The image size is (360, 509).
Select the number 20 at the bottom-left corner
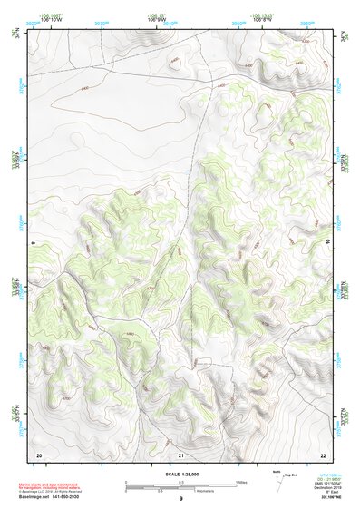[39, 454]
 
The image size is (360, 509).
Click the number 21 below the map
[181, 454]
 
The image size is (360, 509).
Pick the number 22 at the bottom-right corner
[323, 454]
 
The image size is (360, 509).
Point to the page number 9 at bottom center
[181, 499]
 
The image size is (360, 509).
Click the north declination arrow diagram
[277, 480]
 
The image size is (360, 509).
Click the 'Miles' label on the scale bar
[241, 481]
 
